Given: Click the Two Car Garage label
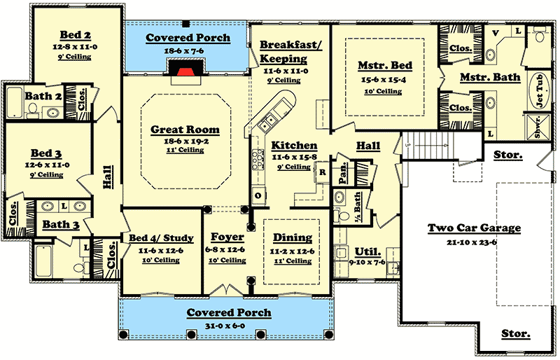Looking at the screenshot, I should [475, 228].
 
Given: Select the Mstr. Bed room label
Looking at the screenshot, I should [385, 66].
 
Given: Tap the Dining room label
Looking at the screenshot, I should [293, 238].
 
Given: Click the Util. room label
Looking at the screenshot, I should [368, 251].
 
